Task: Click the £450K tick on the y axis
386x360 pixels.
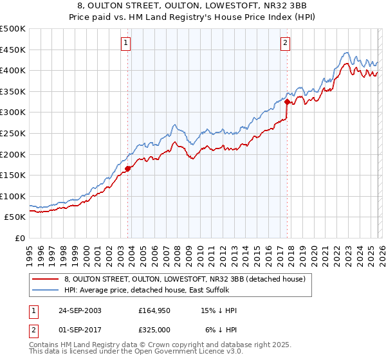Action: pyautogui.click(x=13, y=50)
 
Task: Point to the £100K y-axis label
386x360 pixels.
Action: pyautogui.click(x=13, y=196)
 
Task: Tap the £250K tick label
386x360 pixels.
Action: pyautogui.click(x=13, y=133)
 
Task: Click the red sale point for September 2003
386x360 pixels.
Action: pyautogui.click(x=128, y=169)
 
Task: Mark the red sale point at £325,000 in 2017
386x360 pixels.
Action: pyautogui.click(x=287, y=102)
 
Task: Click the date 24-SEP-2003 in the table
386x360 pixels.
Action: pyautogui.click(x=78, y=310)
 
